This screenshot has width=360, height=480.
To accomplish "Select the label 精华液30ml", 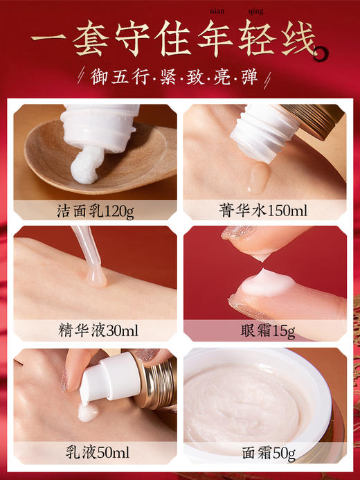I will coord(95,330).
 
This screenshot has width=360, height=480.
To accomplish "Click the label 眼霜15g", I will coord(264,330).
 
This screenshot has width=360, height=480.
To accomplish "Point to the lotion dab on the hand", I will coord(87,414).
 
